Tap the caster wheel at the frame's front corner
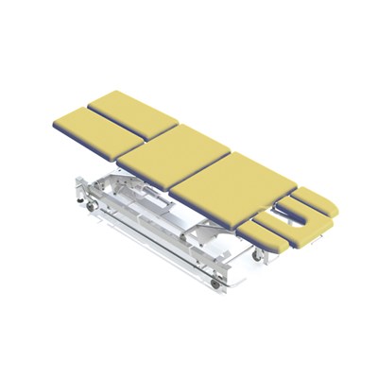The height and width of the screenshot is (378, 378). [222, 283]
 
